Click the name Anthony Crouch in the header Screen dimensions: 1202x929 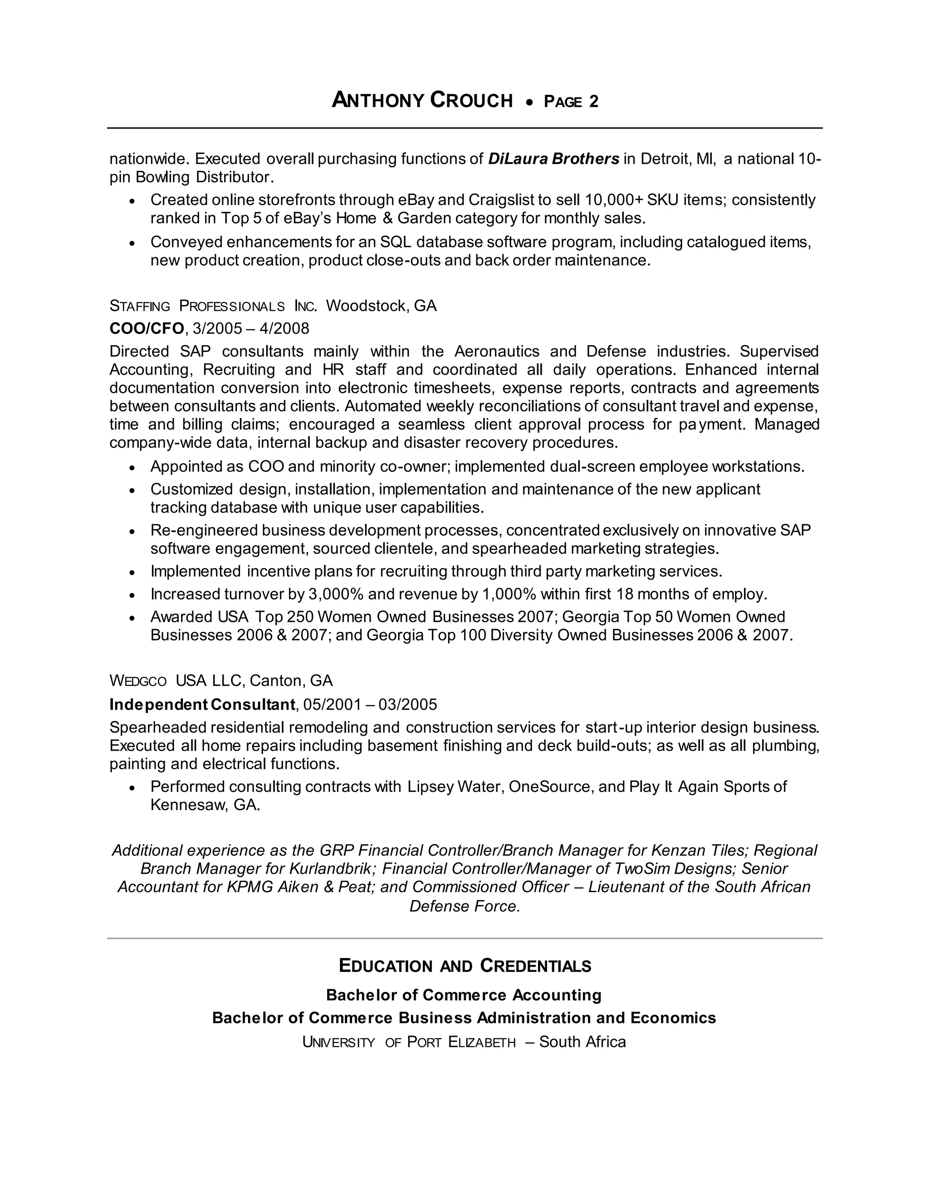(x=422, y=101)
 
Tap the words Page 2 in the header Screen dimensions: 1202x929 (x=571, y=102)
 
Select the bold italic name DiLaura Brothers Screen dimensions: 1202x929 (x=554, y=159)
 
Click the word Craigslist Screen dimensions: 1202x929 (x=503, y=200)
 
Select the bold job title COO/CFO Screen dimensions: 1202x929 (x=147, y=328)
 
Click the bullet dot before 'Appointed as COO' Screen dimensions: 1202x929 (x=132, y=467)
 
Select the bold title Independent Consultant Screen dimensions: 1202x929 (x=202, y=704)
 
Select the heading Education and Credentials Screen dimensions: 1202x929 (x=464, y=966)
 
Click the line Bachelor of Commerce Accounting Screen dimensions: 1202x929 (x=464, y=995)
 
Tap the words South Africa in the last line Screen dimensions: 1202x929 (x=582, y=1042)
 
